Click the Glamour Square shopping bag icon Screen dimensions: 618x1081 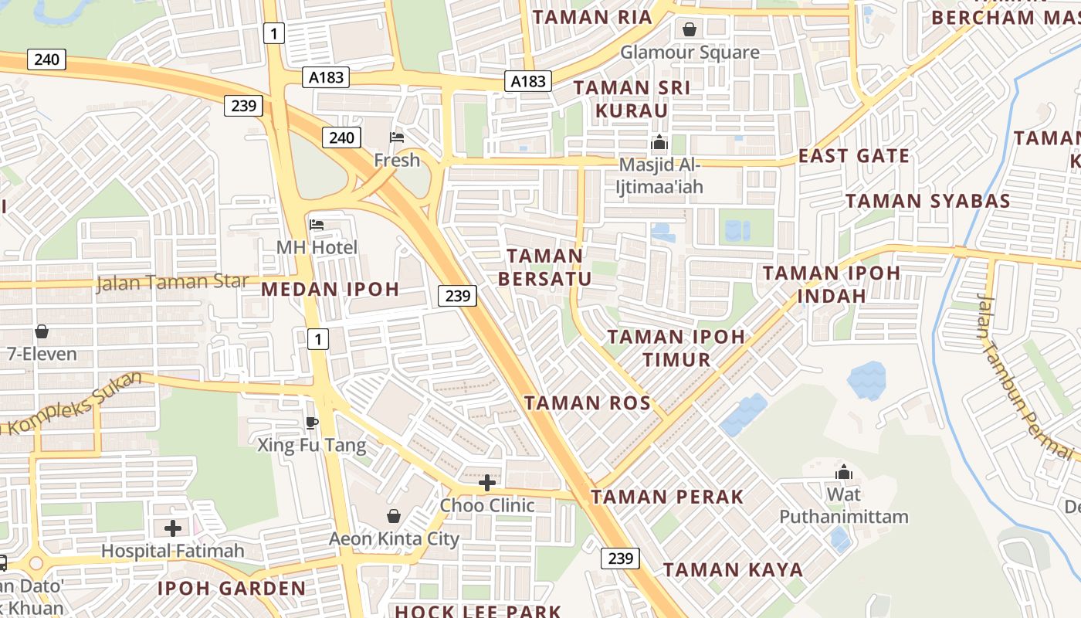click(x=690, y=29)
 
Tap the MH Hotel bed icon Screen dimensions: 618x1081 click(x=317, y=225)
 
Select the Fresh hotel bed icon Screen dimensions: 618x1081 click(x=397, y=138)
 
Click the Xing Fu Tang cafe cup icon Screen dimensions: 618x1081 click(x=311, y=422)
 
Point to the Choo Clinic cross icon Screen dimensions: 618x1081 click(x=487, y=484)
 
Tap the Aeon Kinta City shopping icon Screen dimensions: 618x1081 click(x=394, y=515)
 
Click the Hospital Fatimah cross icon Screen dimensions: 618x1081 click(x=173, y=528)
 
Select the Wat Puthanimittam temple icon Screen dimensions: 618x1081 click(x=844, y=471)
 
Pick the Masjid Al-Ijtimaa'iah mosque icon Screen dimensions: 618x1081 click(x=659, y=143)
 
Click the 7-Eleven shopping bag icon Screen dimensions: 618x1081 click(x=42, y=331)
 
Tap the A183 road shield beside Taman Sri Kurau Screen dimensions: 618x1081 click(x=529, y=80)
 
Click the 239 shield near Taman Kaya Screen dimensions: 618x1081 click(x=620, y=558)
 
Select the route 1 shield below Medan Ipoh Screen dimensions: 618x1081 click(x=317, y=338)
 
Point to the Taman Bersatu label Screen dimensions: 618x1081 click(x=545, y=267)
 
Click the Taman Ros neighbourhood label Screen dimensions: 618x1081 click(x=588, y=402)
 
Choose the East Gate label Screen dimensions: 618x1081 click(x=854, y=156)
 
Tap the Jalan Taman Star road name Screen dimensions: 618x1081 click(x=171, y=282)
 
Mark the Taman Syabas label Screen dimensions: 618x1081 click(x=927, y=202)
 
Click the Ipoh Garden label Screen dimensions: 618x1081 click(x=232, y=588)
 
